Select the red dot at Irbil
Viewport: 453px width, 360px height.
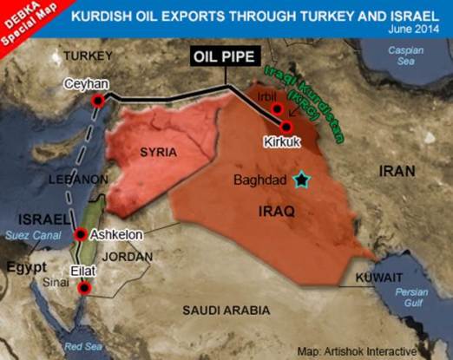[276, 110]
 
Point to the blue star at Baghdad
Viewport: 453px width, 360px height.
[301, 180]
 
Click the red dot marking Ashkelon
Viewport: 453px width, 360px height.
[81, 234]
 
